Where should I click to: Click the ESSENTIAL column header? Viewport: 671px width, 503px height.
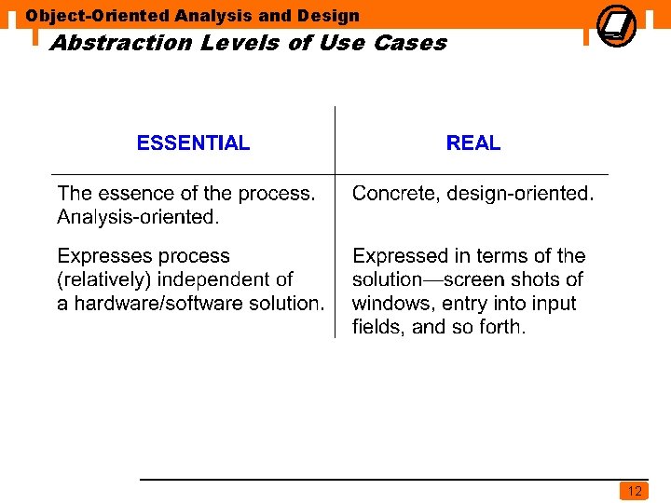click(x=193, y=143)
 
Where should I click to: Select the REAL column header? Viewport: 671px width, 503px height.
click(x=473, y=143)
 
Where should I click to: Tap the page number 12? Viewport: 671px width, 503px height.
click(x=635, y=491)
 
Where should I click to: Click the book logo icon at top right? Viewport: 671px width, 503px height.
click(x=616, y=24)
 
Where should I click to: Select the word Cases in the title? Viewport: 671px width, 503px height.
click(x=410, y=43)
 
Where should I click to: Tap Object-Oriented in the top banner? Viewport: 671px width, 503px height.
click(x=98, y=15)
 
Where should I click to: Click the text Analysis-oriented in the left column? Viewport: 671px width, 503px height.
click(x=138, y=217)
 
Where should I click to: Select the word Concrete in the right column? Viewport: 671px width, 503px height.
click(x=394, y=194)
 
